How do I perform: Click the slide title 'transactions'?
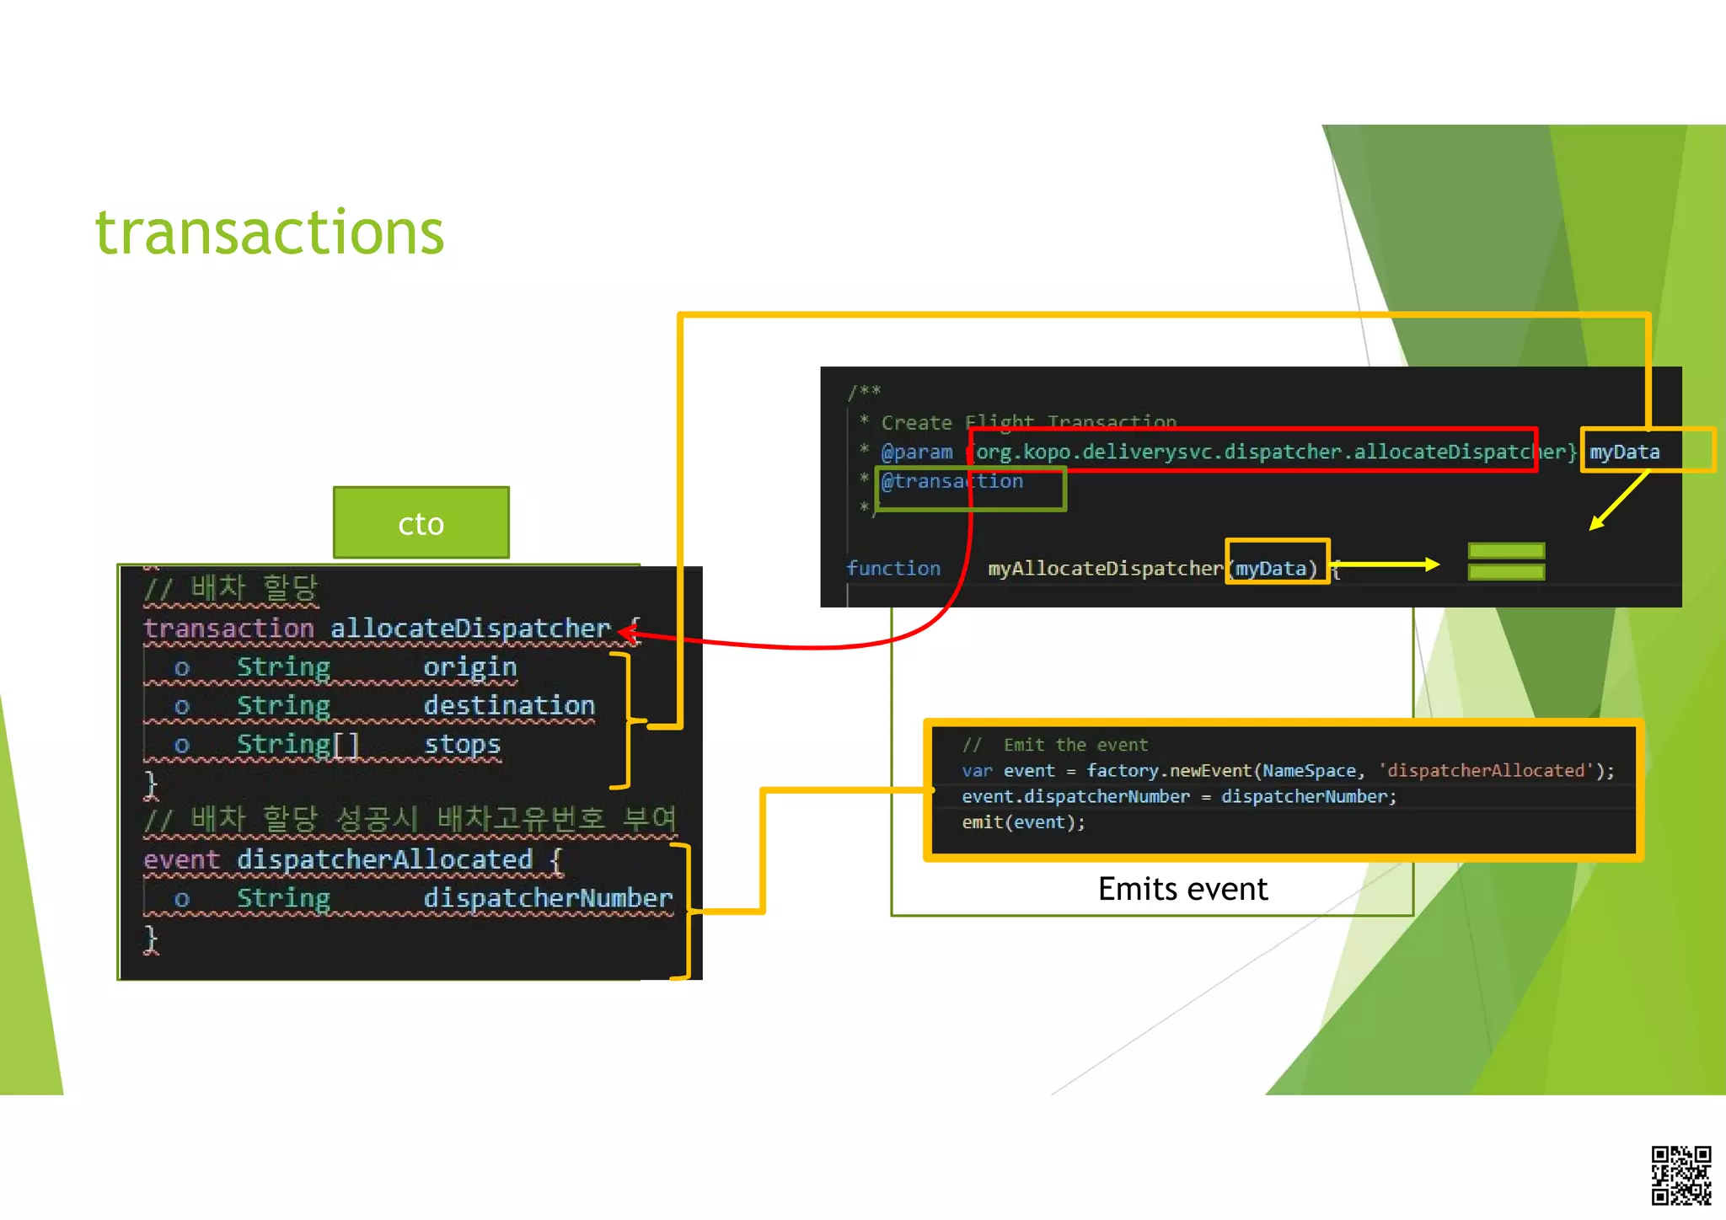coord(270,233)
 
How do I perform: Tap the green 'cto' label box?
coord(421,523)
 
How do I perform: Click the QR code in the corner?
coord(1680,1175)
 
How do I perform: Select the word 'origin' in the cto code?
coord(469,667)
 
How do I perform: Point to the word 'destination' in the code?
coord(509,706)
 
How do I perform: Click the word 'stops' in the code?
coord(462,745)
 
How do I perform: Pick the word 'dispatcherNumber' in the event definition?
coord(548,898)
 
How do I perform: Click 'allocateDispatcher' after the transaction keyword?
coord(470,629)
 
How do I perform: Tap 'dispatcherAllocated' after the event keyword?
coord(384,859)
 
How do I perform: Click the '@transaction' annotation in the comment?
coord(952,482)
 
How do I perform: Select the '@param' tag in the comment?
coord(917,452)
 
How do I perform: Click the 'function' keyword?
coord(893,569)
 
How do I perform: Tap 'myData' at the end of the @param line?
coord(1625,452)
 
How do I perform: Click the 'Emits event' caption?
coord(1182,889)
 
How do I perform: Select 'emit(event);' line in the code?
coord(1023,822)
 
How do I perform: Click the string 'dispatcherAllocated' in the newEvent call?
coord(1485,771)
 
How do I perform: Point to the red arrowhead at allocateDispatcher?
coord(626,632)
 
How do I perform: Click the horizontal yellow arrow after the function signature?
coord(1386,565)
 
